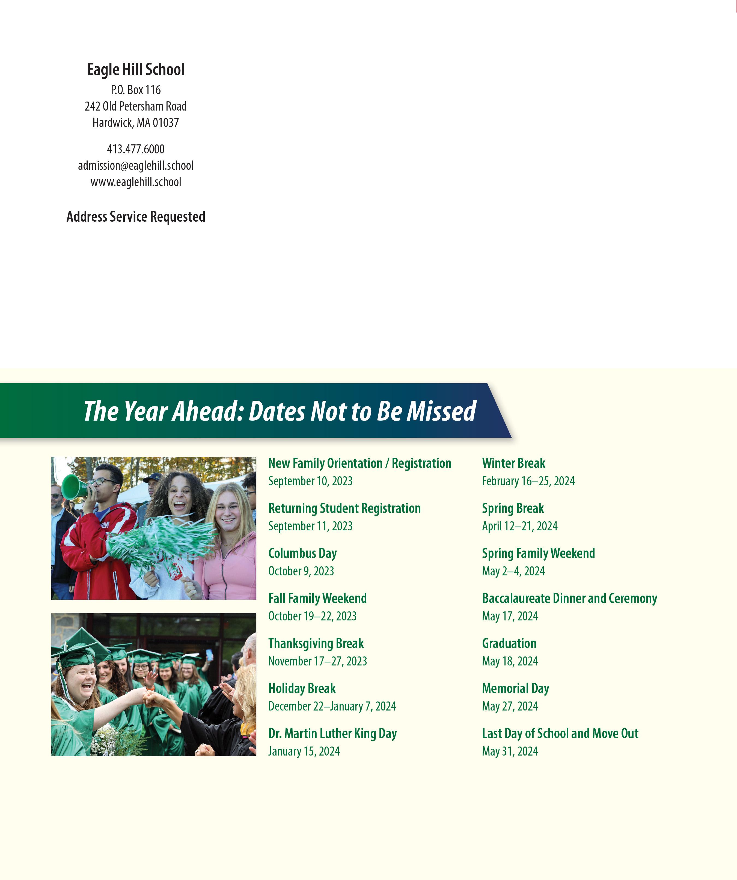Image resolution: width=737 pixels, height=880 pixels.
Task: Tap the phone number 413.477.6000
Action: click(x=135, y=149)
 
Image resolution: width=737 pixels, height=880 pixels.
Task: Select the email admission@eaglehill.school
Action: click(x=135, y=165)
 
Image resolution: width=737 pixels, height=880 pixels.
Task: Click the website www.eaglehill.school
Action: click(x=135, y=182)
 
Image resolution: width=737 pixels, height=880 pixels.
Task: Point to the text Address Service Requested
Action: click(x=135, y=217)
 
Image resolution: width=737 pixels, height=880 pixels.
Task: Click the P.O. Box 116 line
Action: click(x=135, y=90)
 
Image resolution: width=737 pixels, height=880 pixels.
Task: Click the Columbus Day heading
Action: click(x=302, y=553)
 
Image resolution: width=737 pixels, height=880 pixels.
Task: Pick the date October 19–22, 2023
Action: click(x=312, y=616)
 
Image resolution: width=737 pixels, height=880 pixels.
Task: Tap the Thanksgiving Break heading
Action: click(x=316, y=643)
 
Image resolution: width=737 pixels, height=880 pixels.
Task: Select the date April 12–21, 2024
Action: click(x=519, y=526)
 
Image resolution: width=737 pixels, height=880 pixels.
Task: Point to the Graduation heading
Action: click(x=509, y=643)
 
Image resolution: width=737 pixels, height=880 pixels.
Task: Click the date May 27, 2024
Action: click(x=510, y=706)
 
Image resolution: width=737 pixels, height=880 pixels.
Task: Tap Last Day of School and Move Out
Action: click(x=560, y=733)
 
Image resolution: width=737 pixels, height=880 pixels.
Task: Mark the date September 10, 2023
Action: click(x=310, y=481)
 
